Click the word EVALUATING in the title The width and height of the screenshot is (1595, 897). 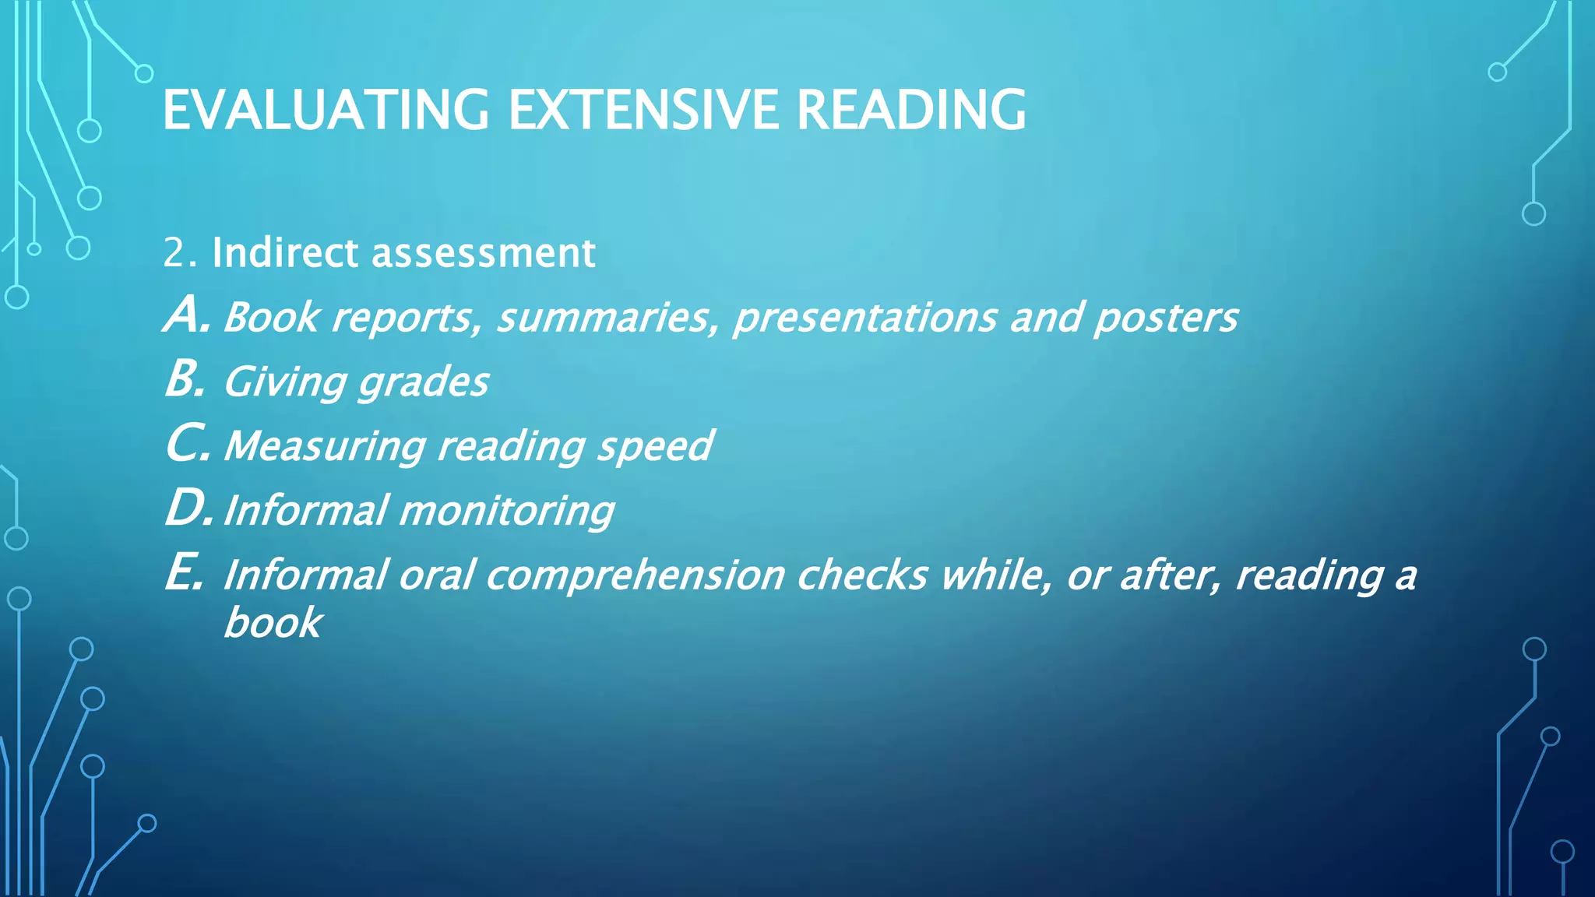pyautogui.click(x=326, y=110)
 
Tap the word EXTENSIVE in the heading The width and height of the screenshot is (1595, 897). pyautogui.click(x=643, y=110)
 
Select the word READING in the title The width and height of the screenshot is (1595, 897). pyautogui.click(x=910, y=110)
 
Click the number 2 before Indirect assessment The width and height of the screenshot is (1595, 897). pyautogui.click(x=174, y=254)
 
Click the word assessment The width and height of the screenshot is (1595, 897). pyautogui.click(x=483, y=254)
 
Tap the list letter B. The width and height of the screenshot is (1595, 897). pyautogui.click(x=185, y=381)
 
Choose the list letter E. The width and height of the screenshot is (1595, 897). pyautogui.click(x=184, y=575)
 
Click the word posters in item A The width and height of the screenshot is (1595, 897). pyautogui.click(x=1165, y=318)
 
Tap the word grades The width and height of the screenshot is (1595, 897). pyautogui.click(x=423, y=383)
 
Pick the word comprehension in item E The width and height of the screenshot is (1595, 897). pyautogui.click(x=635, y=577)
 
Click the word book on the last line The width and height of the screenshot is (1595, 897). pyautogui.click(x=273, y=623)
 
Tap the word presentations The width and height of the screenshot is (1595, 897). pyautogui.click(x=864, y=318)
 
